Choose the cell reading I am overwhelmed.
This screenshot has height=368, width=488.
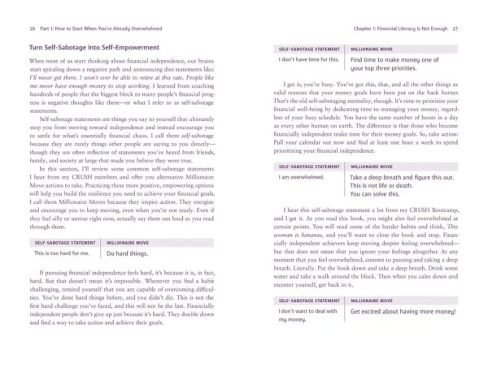pyautogui.click(x=302, y=176)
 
